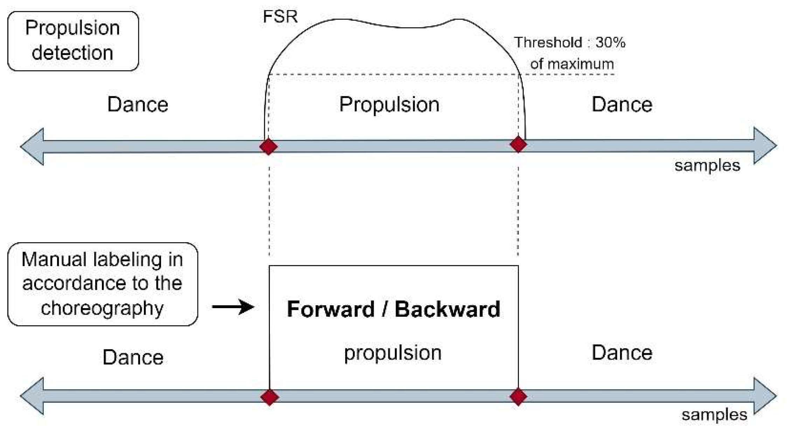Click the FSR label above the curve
(x=280, y=16)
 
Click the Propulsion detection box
(x=73, y=41)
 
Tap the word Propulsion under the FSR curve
(x=389, y=104)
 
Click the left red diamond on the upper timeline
(x=269, y=146)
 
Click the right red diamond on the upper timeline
(x=518, y=144)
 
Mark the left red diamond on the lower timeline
(x=269, y=397)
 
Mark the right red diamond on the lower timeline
(x=518, y=396)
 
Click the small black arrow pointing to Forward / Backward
(x=233, y=307)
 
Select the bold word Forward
(x=330, y=309)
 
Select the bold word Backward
(x=447, y=309)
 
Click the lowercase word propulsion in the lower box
(x=392, y=353)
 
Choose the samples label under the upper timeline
(x=707, y=166)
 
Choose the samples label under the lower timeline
(x=714, y=415)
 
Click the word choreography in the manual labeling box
(x=102, y=308)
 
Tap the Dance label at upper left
(x=138, y=104)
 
